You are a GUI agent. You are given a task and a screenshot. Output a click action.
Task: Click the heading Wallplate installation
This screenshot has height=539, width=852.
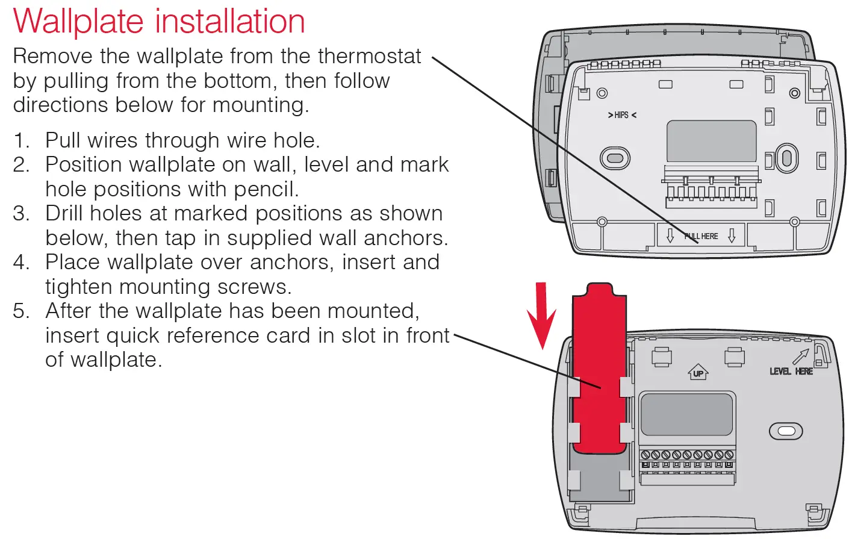(x=159, y=21)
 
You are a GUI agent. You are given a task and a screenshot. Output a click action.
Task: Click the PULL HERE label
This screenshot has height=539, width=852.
(x=701, y=236)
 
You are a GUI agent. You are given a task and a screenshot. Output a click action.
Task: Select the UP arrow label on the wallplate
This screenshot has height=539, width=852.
(x=698, y=373)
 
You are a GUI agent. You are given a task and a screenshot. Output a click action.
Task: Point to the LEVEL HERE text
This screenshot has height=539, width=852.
(x=791, y=372)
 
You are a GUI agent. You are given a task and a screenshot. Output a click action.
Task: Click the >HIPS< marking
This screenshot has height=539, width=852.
(x=621, y=115)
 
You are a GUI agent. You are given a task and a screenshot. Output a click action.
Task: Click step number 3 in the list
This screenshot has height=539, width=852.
(x=21, y=213)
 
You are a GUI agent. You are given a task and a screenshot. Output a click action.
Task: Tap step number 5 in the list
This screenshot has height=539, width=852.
(x=21, y=311)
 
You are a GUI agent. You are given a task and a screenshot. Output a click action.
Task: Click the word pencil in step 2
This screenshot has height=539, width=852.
(x=266, y=189)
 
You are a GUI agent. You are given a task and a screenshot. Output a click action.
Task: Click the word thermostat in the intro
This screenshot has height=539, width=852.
(x=369, y=56)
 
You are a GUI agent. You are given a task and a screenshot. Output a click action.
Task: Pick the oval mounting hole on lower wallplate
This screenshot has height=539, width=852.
(x=786, y=431)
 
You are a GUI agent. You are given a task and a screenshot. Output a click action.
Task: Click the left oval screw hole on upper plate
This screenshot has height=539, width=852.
(x=615, y=158)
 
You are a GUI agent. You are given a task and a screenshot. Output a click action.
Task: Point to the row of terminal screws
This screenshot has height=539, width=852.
(x=686, y=455)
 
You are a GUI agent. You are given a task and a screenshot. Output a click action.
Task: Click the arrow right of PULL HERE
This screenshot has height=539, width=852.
(x=732, y=235)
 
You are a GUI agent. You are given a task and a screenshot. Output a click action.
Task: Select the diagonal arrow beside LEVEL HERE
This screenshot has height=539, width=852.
(x=801, y=357)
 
